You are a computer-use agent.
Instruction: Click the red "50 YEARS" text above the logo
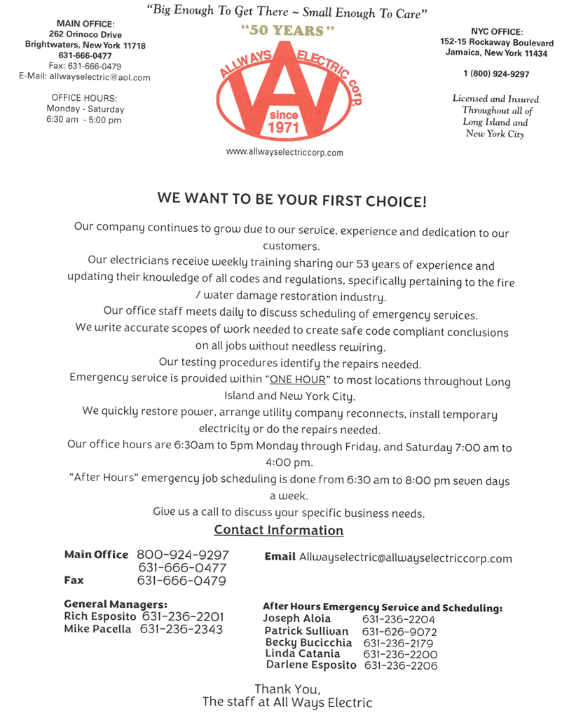pos(283,32)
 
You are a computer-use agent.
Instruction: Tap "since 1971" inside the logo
pos(283,122)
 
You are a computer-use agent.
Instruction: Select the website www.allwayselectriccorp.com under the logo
pos(284,152)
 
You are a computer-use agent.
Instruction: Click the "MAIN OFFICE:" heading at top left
pos(84,23)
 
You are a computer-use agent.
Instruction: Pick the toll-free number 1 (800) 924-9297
pos(496,74)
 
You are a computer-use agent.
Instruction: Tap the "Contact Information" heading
pos(279,530)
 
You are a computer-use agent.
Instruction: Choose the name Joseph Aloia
pos(296,619)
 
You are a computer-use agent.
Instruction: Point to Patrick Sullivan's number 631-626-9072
pos(400,631)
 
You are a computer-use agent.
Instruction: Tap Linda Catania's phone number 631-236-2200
pos(399,653)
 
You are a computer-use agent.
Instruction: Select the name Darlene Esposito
pos(310,665)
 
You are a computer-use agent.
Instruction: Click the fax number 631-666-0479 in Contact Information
pos(181,581)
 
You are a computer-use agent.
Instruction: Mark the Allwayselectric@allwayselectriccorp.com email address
pos(405,558)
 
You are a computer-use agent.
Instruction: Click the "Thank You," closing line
pos(287,688)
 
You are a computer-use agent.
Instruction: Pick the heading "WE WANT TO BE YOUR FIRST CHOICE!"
pos(292,199)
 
